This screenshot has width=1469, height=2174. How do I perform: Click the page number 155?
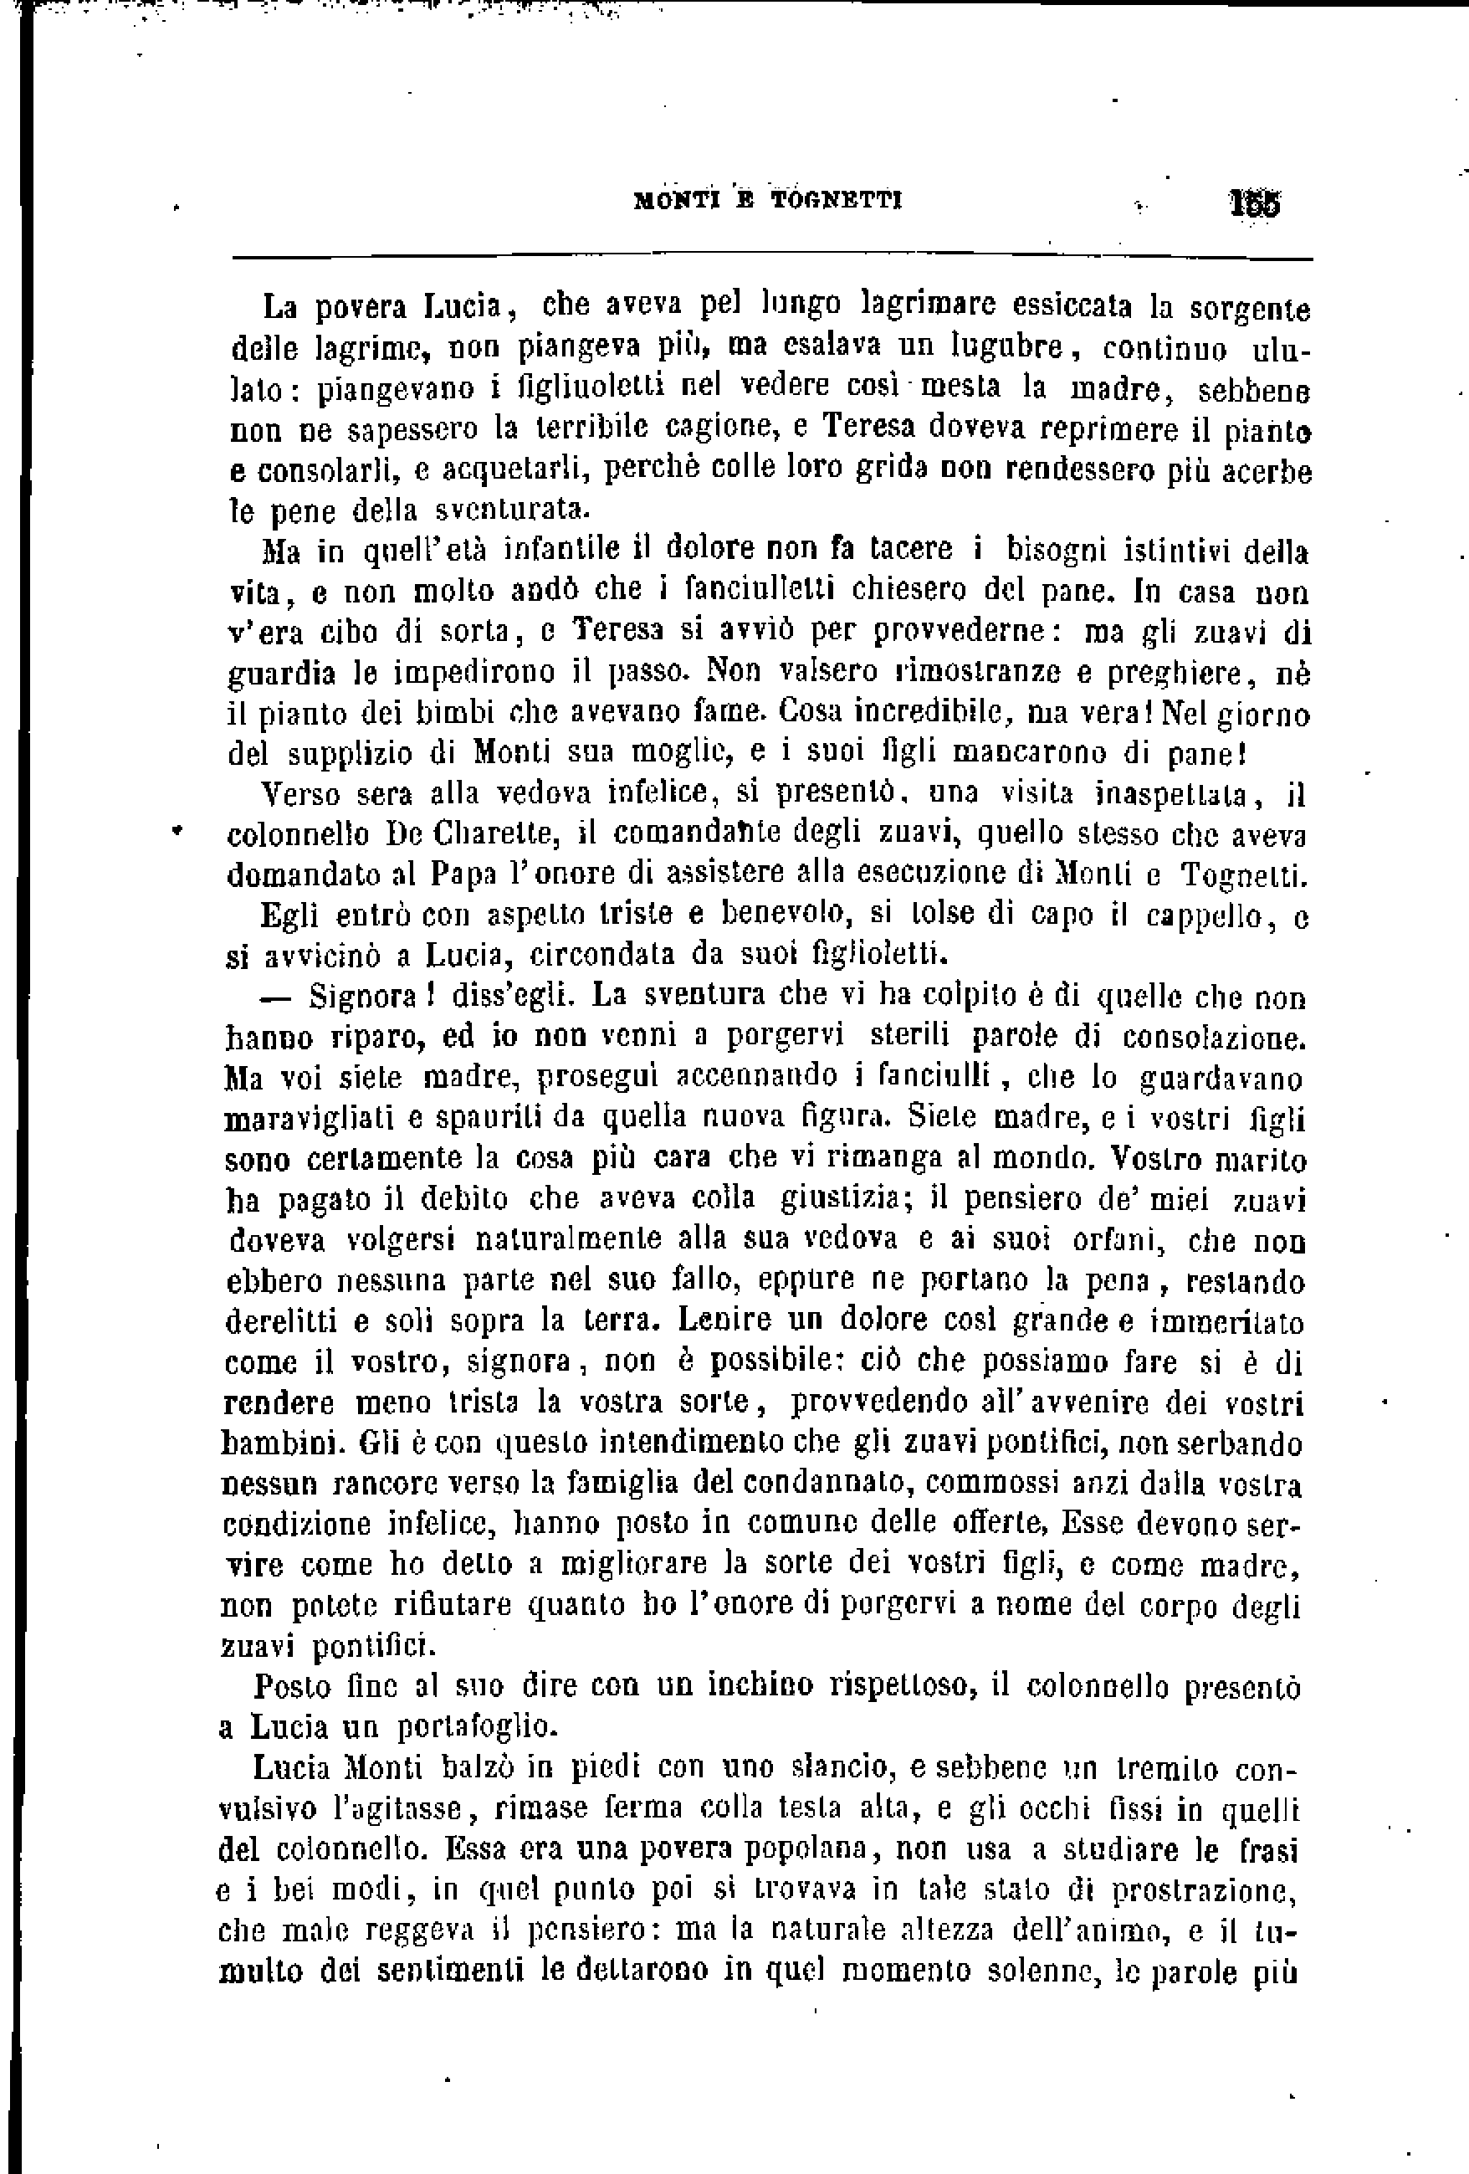tap(1257, 204)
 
